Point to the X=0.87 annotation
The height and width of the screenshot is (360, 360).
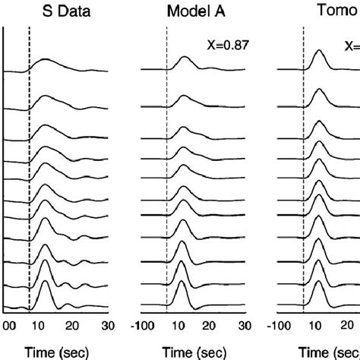pos(227,46)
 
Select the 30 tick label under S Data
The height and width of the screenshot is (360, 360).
pos(108,326)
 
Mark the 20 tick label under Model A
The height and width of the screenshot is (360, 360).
pos(213,326)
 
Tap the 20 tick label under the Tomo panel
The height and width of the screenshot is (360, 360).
pos(349,326)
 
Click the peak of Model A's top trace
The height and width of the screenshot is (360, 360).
pos(185,57)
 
